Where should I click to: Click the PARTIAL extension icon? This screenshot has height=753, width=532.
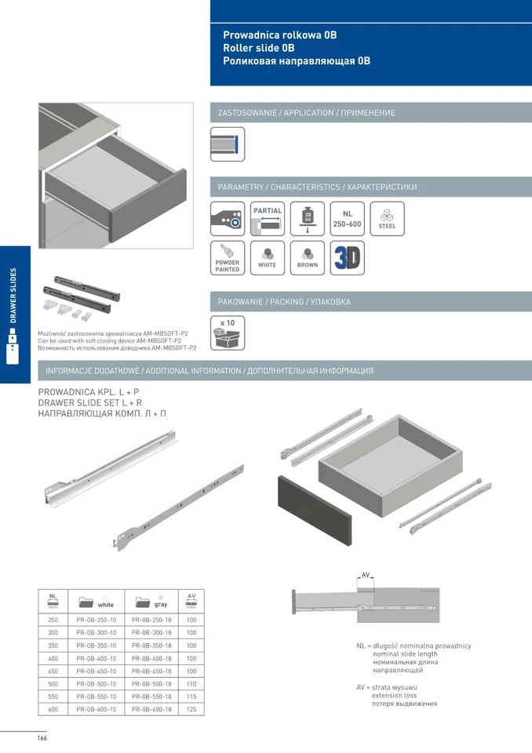pos(268,219)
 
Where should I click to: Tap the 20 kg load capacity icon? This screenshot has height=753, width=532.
pos(308,219)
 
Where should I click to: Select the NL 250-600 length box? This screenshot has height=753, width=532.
pos(348,219)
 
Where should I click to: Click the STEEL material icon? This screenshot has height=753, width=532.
pos(387,219)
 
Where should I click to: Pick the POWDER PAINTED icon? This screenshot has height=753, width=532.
pos(228,258)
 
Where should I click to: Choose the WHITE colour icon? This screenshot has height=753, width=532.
pos(268,258)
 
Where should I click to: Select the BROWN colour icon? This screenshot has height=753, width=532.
pos(308,258)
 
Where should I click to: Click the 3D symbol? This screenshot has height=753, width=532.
pos(348,258)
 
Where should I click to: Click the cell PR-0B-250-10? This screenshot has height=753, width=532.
pos(97,620)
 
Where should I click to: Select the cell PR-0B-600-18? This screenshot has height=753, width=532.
pos(151,708)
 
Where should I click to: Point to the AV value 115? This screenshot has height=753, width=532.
pos(191,696)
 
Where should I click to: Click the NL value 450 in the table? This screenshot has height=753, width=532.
pos(53,671)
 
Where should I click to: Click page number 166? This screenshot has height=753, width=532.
pos(42,739)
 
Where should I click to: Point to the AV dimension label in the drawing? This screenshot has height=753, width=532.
pos(366,575)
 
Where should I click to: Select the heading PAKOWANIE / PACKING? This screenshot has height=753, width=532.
pos(284,302)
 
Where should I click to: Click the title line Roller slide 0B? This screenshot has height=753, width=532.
pos(262,48)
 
